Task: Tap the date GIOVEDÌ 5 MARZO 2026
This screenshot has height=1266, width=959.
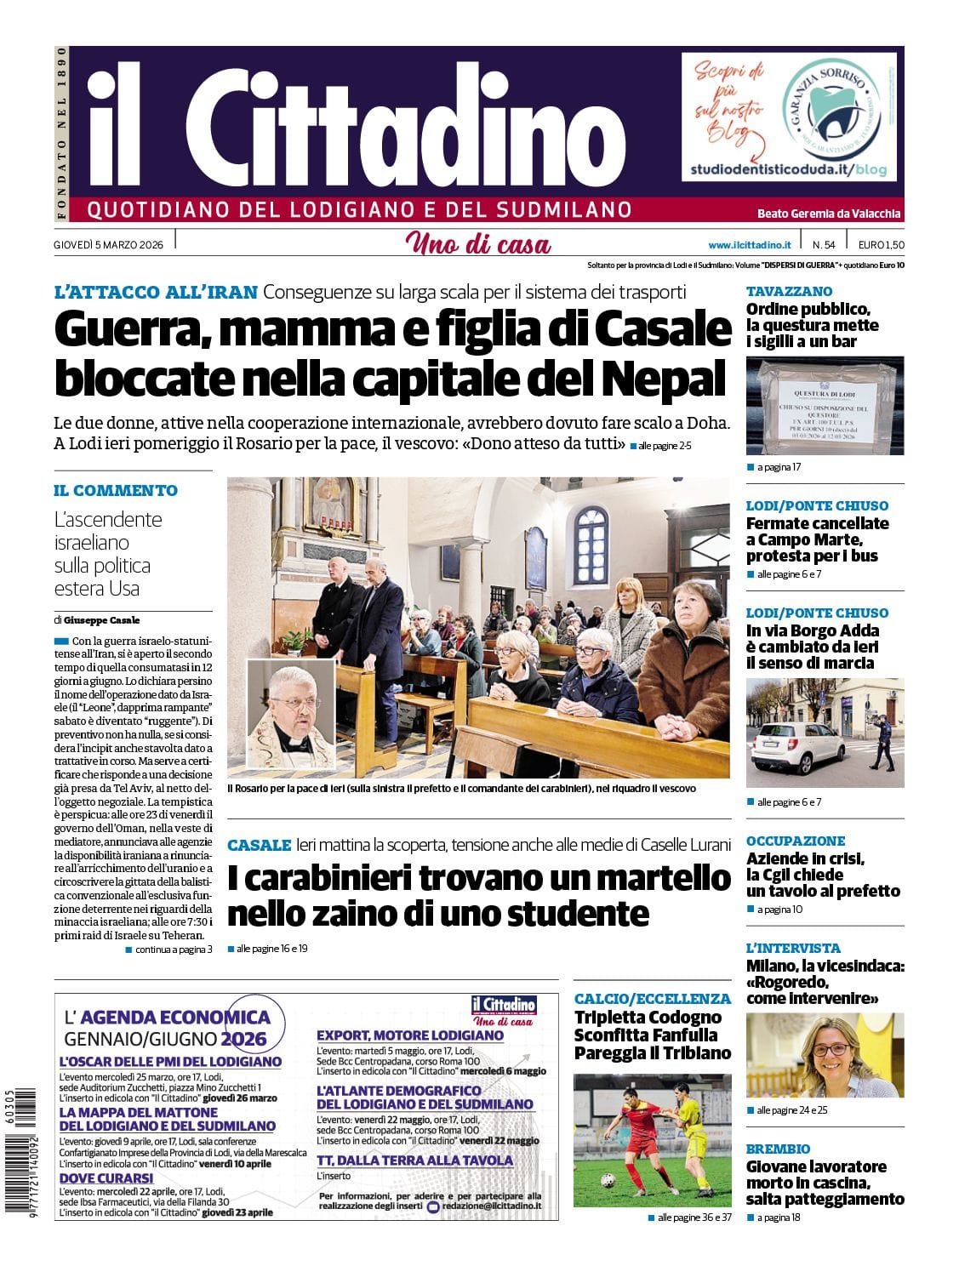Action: [x=108, y=245]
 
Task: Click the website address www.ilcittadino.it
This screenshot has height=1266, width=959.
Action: [x=749, y=245]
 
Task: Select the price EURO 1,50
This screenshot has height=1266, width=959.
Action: [x=881, y=245]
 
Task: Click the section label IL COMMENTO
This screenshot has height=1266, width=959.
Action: [x=116, y=490]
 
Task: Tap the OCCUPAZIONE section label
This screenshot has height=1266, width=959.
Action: [x=796, y=841]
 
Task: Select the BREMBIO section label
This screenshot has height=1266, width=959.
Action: [x=778, y=1149]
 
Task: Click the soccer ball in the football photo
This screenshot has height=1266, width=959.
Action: [x=608, y=1181]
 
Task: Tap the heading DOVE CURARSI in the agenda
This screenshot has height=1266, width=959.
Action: [x=106, y=1178]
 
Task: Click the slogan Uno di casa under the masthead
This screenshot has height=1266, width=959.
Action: [x=478, y=244]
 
